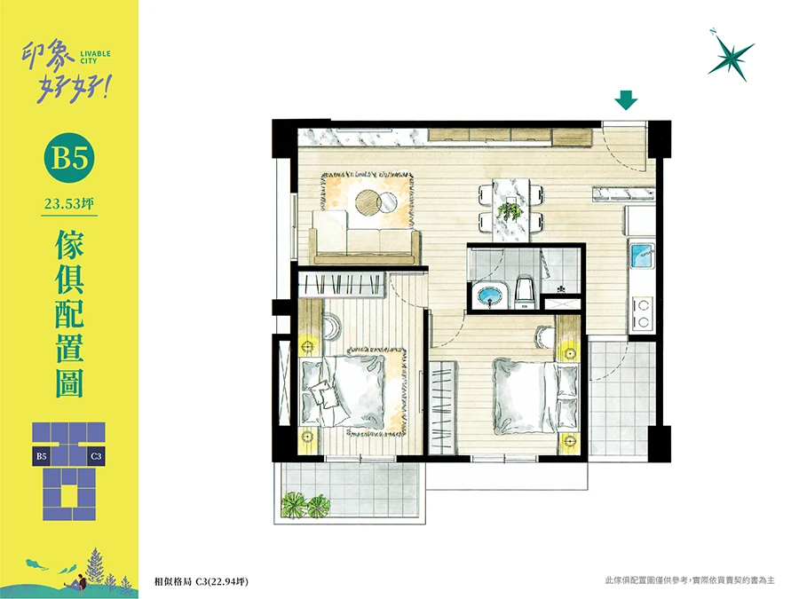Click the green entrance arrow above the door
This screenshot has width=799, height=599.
(626, 100)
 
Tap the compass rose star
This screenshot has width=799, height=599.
(732, 55)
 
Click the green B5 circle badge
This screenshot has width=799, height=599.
(70, 157)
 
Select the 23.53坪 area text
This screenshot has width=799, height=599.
(69, 204)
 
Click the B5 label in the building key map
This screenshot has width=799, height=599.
(41, 456)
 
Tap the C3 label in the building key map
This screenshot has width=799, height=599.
(96, 456)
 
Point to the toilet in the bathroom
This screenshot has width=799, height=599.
(525, 293)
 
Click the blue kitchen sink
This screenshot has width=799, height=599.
(642, 256)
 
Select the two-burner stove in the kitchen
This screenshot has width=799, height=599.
(643, 313)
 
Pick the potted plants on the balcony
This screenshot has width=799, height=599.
(305, 504)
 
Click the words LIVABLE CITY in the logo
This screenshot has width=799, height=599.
(95, 57)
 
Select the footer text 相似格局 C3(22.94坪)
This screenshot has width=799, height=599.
(202, 581)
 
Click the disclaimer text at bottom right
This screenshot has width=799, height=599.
(690, 580)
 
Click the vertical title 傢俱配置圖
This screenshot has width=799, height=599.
(69, 314)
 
